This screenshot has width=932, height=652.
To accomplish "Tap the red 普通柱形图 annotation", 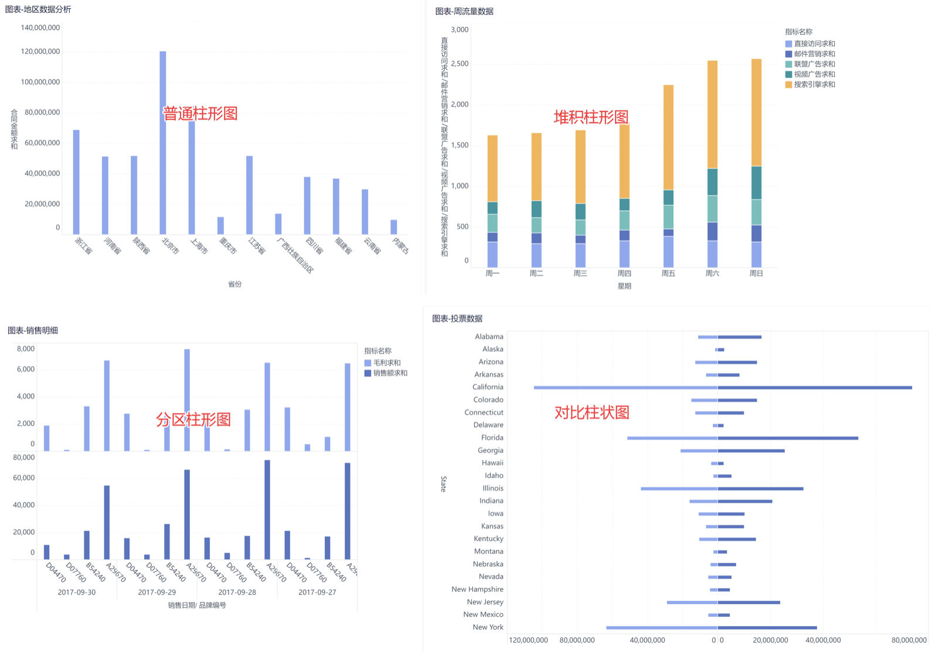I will (200, 113).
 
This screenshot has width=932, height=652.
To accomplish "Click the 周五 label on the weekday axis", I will (668, 273).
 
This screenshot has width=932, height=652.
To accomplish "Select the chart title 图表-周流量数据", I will (464, 11).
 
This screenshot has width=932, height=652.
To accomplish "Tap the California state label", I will (488, 387).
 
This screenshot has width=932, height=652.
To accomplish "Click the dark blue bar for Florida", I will (788, 438).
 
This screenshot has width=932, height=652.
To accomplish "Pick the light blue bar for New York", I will (662, 627).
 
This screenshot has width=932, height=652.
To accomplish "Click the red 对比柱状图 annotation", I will (591, 412).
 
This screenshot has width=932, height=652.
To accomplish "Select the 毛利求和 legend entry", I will (387, 363).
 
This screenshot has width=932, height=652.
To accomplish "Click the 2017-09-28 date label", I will (237, 592).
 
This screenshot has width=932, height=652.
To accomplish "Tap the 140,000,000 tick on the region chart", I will (40, 28).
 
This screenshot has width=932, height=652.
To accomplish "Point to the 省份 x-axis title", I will (234, 284).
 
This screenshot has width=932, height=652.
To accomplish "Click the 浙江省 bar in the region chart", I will (76, 182).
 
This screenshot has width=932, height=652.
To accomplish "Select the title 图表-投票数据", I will (457, 318).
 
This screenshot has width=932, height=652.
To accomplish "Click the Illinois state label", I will (492, 488).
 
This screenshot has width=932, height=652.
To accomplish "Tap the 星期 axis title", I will (624, 286).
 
